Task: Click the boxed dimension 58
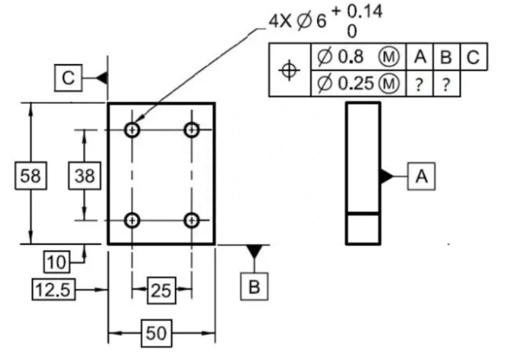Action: (x=31, y=175)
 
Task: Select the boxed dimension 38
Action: (x=84, y=175)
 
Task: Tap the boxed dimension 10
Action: (x=57, y=262)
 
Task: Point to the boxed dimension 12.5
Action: (x=54, y=289)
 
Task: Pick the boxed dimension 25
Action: (x=161, y=290)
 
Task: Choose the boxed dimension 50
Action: (x=157, y=334)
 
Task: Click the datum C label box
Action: (x=69, y=78)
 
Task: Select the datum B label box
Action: (x=254, y=287)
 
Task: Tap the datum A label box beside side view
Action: (x=421, y=176)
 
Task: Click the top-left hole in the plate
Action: (x=132, y=130)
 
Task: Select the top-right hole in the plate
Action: (x=191, y=130)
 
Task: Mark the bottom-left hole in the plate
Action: (x=132, y=221)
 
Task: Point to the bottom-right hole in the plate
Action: (x=191, y=221)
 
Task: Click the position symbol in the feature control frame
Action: (x=289, y=70)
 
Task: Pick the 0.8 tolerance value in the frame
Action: (x=350, y=57)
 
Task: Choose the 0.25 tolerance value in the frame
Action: (x=356, y=84)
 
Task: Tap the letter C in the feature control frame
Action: (x=473, y=57)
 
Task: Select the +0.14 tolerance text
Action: (x=357, y=11)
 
